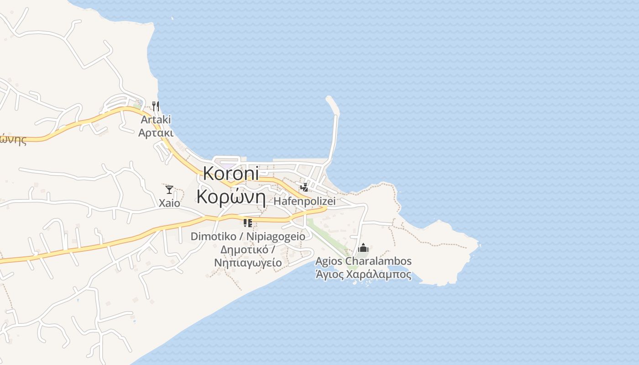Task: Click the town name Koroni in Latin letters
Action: pyautogui.click(x=230, y=173)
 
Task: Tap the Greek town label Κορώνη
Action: pyautogui.click(x=231, y=196)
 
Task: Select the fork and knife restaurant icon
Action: pyautogui.click(x=156, y=106)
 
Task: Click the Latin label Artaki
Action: pyautogui.click(x=156, y=120)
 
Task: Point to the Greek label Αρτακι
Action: pyautogui.click(x=156, y=133)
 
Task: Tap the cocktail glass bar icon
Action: pyautogui.click(x=169, y=190)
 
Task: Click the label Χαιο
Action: pyautogui.click(x=169, y=203)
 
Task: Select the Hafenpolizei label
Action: pyautogui.click(x=304, y=201)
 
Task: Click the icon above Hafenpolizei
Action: pyautogui.click(x=304, y=188)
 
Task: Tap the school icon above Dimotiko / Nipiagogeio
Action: pyautogui.click(x=248, y=223)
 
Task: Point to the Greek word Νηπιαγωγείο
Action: pyautogui.click(x=248, y=263)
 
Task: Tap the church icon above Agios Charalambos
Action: pyautogui.click(x=363, y=248)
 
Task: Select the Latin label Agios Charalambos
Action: pyautogui.click(x=363, y=261)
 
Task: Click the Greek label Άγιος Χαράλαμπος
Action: pyautogui.click(x=363, y=275)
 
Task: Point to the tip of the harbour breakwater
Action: pyautogui.click(x=329, y=98)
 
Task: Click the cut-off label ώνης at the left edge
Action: pyautogui.click(x=13, y=140)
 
